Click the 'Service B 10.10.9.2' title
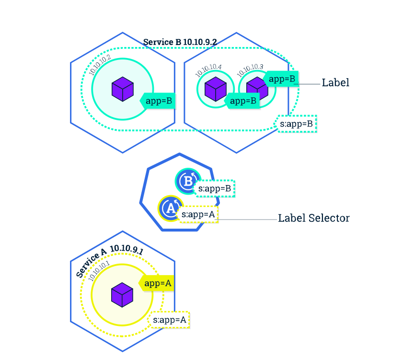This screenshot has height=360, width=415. coord(180,42)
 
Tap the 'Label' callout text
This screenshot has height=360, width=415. coord(335,82)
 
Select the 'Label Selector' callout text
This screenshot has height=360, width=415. coord(314,218)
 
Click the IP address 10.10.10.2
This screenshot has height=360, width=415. coord(100,64)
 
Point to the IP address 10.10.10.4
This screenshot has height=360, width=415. coord(208,70)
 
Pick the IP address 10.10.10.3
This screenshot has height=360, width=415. coord(250,70)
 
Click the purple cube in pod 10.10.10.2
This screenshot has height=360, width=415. coord(122,90)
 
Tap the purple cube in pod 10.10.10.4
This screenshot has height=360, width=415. coord(215,89)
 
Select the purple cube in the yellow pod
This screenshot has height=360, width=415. coord(122,294)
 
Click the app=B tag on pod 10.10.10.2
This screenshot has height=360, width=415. coord(158,101)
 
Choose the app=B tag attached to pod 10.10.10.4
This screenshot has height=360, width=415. coord(242,101)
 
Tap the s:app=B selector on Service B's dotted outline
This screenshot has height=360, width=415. coord(297,124)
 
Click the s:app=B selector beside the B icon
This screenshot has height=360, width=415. coord(215,189)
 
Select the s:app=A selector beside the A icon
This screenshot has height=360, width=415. coord(198,214)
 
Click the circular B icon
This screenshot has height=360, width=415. coord(187,181)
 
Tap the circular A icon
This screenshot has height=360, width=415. coord(169,208)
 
